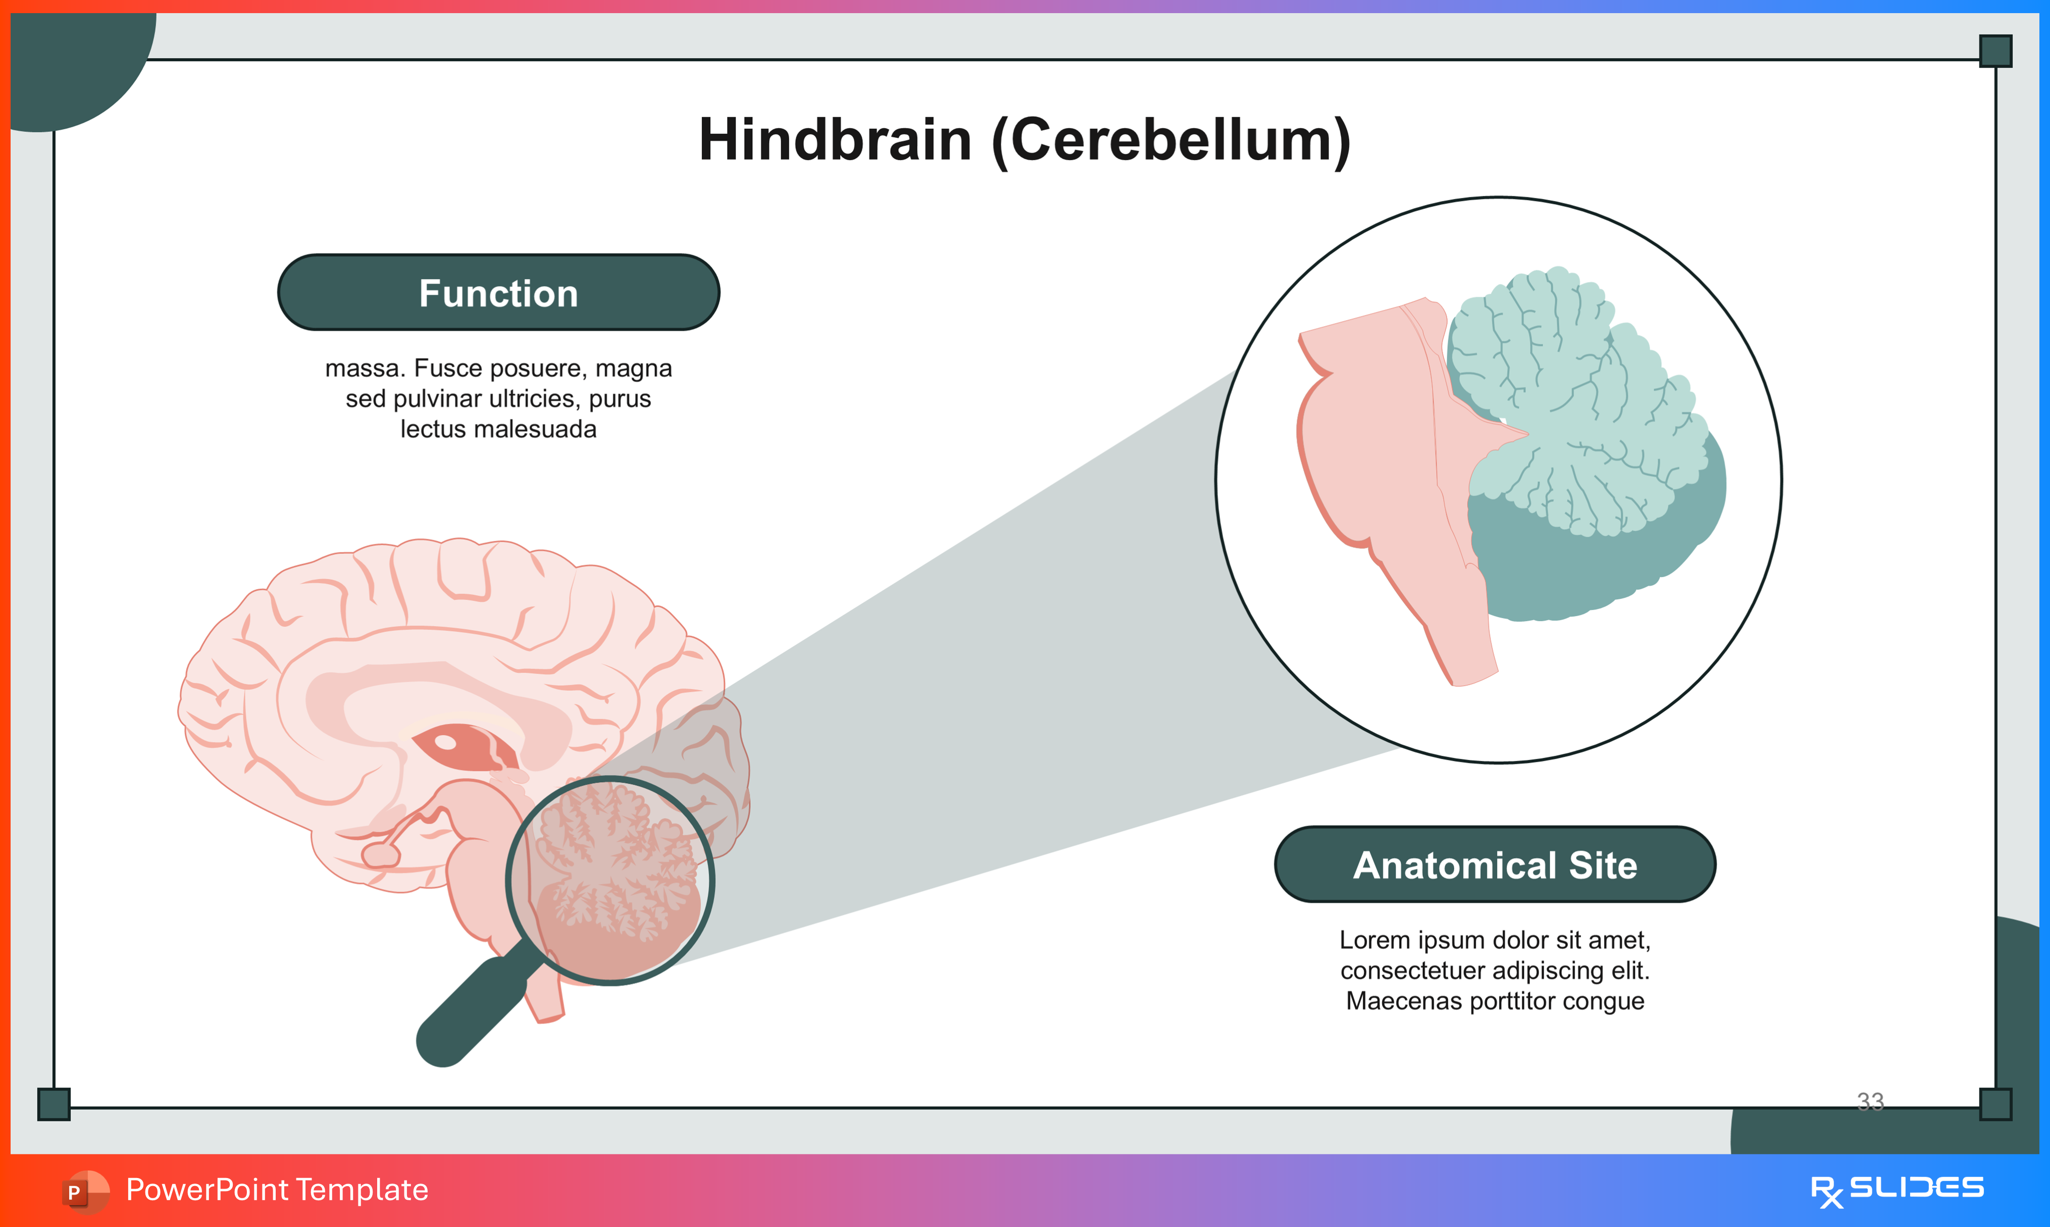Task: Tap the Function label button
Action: [x=498, y=293]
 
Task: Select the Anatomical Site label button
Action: [x=1495, y=865]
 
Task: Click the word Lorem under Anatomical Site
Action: [x=1374, y=940]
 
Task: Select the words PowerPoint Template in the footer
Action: [x=277, y=1190]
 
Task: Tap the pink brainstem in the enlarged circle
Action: [x=1380, y=463]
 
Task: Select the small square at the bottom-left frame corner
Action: [x=54, y=1104]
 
